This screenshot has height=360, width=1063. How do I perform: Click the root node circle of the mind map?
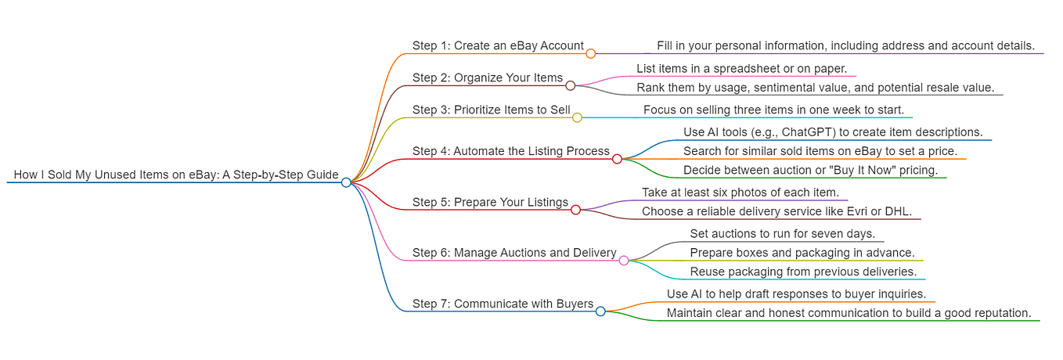(346, 182)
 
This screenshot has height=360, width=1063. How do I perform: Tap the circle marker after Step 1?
(591, 53)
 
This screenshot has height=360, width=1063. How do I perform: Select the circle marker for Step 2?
(571, 86)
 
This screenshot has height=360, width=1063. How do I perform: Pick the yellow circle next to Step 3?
(577, 117)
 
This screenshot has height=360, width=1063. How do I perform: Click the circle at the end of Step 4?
(617, 159)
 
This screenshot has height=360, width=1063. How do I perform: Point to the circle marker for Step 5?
(575, 210)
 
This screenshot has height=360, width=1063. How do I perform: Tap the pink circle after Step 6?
(624, 261)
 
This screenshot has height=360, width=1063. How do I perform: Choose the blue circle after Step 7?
(601, 311)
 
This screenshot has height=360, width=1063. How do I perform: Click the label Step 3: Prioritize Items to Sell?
(491, 110)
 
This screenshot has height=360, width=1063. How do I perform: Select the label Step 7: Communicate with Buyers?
(503, 304)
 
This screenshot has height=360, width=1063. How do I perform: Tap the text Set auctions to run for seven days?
(783, 234)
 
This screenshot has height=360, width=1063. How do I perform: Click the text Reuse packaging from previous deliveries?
(803, 272)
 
